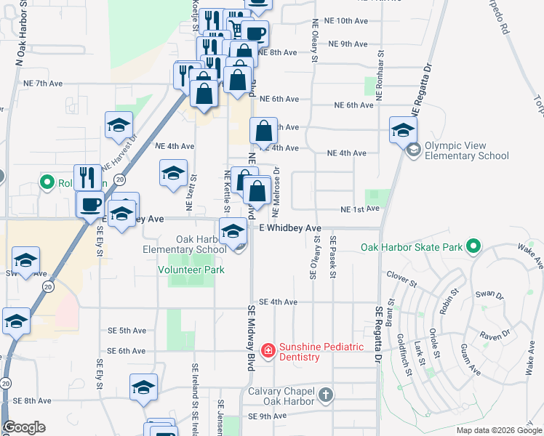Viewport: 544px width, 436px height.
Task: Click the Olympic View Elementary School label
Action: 466,150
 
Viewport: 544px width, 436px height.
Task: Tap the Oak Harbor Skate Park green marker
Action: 475,247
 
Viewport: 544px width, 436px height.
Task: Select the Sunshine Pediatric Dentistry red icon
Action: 268,351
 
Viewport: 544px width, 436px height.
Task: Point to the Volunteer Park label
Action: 191,270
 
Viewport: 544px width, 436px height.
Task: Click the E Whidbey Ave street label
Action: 290,227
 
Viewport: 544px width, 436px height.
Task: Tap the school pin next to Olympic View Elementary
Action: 403,131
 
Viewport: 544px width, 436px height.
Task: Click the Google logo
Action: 25,427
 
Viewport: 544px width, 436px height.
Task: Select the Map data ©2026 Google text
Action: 499,430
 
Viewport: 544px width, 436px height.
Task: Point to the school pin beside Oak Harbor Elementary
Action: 233,232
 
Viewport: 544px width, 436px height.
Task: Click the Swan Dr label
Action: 489,294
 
